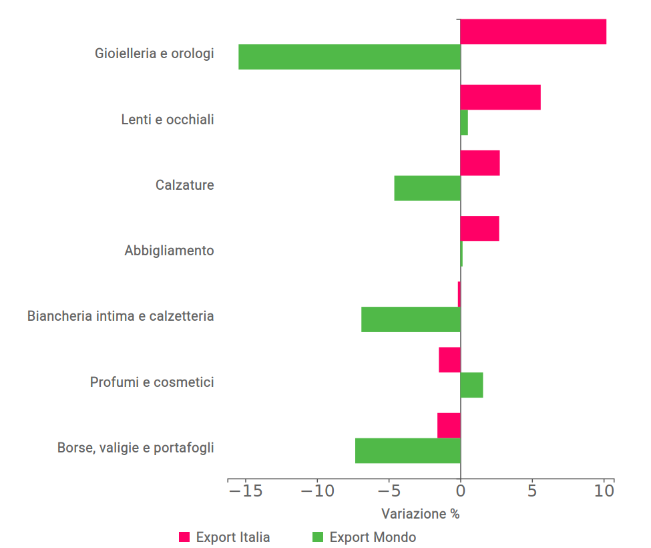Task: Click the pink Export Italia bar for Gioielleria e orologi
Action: coord(533,31)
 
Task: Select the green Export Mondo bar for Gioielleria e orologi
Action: coord(349,57)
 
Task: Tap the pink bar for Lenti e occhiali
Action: coord(500,98)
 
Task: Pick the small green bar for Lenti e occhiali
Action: coord(464,122)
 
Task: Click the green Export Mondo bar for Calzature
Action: coord(427,188)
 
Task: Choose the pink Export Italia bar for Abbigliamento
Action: coord(479,229)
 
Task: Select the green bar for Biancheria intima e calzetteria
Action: coord(411,319)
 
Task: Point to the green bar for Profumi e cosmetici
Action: coord(471,385)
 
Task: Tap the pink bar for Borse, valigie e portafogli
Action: coord(449,425)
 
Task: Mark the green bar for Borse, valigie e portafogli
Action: coord(407,450)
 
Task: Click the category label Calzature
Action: coord(185,185)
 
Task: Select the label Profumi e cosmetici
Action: coord(152,382)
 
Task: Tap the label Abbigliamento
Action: coord(170,251)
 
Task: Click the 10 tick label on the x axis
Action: coord(604,491)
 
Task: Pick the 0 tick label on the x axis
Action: coord(461,491)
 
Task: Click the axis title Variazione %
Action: coord(421,514)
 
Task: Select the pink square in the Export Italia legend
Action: coord(185,537)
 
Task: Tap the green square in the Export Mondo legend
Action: coord(318,537)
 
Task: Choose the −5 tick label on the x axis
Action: coord(389,491)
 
